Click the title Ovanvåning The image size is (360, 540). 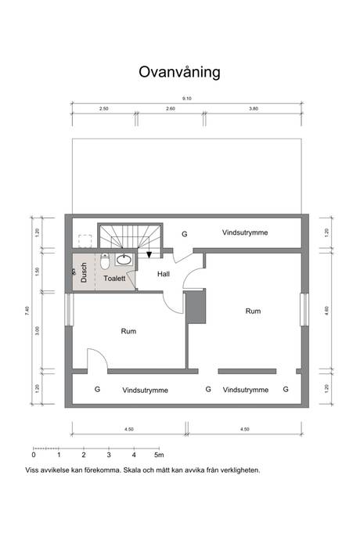(179, 72)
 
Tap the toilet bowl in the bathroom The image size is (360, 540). (105, 261)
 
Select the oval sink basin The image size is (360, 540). (124, 260)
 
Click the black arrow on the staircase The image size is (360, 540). (149, 255)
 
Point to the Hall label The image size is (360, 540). (164, 274)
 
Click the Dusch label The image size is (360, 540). (84, 272)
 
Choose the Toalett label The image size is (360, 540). (115, 279)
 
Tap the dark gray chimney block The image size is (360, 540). (196, 308)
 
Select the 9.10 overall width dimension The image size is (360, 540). (187, 99)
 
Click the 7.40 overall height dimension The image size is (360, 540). (27, 311)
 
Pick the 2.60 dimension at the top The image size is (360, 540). (171, 109)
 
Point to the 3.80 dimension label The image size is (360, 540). (254, 109)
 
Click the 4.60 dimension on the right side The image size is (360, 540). (327, 311)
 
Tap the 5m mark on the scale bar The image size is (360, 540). (159, 455)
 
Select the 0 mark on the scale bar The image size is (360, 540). (34, 455)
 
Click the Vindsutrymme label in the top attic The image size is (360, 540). (245, 232)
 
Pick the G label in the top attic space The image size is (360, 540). (185, 234)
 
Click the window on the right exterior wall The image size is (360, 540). (304, 309)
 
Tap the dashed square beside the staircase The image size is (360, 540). (85, 241)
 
